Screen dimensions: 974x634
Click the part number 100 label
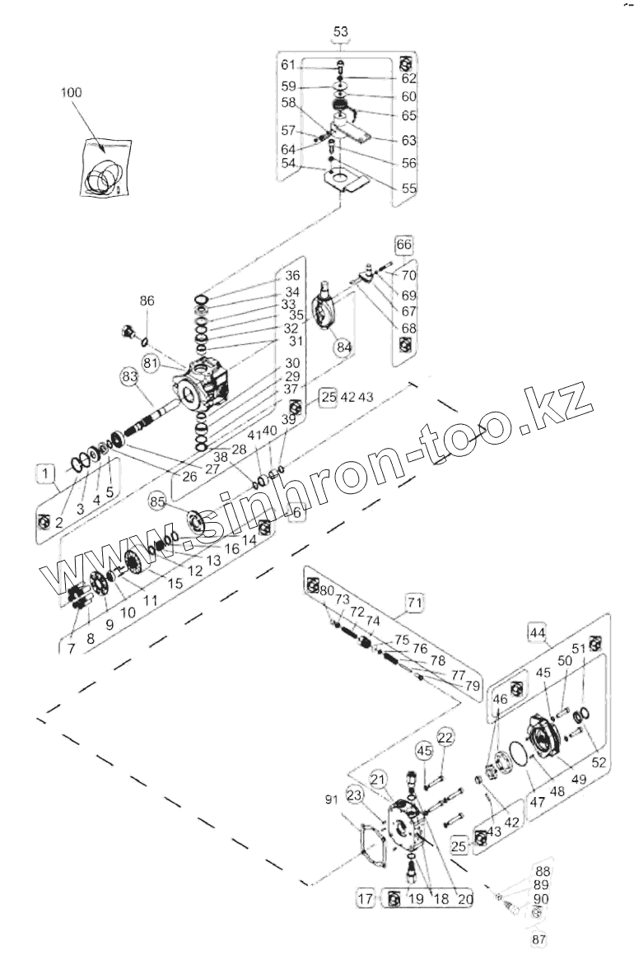pos(72,93)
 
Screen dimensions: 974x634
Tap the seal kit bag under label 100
pos(105,169)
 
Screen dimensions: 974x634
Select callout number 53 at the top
pos(340,32)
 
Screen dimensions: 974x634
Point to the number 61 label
pos(287,63)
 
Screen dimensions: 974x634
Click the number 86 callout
pos(146,302)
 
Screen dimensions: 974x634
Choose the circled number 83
pos(128,376)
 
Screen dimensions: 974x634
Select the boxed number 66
pos(403,245)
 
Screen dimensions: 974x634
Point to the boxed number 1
pos(46,472)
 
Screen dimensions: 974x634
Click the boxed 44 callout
pos(537,632)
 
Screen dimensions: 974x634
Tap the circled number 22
pos(445,736)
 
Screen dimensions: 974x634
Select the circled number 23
pos(354,795)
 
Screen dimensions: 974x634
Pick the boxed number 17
pos(366,899)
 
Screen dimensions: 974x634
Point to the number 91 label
pos(332,799)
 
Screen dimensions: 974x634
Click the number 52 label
pos(599,763)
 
